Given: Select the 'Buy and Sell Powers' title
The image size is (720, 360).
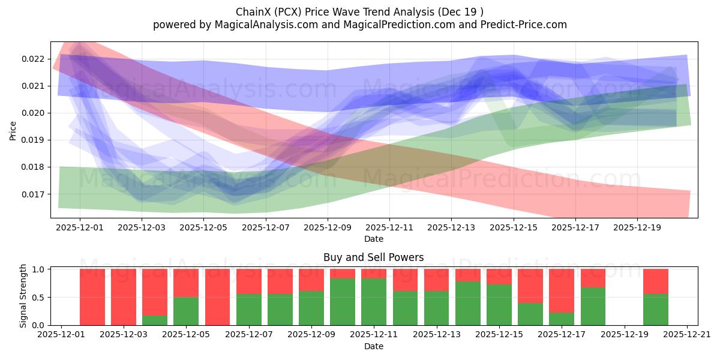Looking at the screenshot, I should point(373,257).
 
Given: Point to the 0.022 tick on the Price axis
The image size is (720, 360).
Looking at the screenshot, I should point(34,59).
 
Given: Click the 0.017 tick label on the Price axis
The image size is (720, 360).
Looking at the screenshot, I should point(34,194).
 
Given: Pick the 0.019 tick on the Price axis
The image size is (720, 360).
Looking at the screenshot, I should point(34,140).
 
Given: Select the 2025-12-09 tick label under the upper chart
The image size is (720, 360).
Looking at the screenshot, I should point(328,228).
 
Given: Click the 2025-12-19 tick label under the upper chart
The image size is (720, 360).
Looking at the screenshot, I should point(637,228).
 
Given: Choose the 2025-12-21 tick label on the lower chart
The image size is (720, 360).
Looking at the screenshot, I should point(687,334).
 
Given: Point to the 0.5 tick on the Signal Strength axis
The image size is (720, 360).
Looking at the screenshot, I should point(38,298).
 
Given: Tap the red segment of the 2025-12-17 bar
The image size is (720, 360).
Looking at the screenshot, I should point(562,290).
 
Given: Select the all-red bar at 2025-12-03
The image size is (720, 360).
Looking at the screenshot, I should point(124,297).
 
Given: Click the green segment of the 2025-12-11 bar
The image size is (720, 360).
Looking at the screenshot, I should point(374,302).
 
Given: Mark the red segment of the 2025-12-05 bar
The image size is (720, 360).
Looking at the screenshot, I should point(186,283).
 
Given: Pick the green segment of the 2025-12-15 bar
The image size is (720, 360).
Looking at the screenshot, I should point(499,305).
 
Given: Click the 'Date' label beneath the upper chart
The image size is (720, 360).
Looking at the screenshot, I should point(373,239).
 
